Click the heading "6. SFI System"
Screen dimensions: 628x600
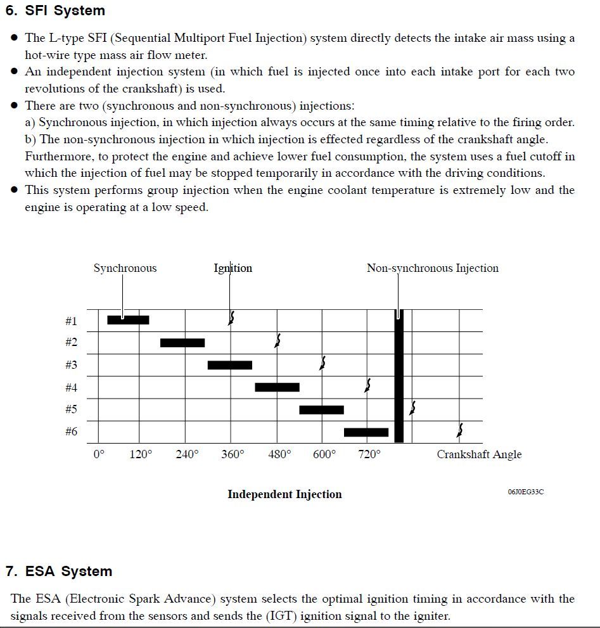pos(55,11)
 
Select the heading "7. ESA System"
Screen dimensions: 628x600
pos(59,571)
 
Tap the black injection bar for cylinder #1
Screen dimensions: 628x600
pos(128,320)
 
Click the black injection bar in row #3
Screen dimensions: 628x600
pos(229,365)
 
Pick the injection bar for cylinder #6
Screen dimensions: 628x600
pos(366,432)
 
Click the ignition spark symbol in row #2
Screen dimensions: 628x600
pos(277,341)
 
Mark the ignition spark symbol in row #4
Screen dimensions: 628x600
pos(367,385)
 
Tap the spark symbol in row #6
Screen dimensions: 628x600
pos(459,431)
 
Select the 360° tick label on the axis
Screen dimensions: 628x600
pos(233,454)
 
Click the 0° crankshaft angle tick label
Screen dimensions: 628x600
pos(98,454)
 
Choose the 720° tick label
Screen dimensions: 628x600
pos(369,454)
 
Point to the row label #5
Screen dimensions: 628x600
pos(71,409)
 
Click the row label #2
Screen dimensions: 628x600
pos(71,342)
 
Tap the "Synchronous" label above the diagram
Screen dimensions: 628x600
pos(125,268)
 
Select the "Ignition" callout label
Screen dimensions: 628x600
pos(233,268)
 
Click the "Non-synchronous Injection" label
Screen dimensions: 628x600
pos(432,268)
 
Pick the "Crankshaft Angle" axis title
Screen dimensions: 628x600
pos(479,454)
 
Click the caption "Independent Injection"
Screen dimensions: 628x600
pos(284,494)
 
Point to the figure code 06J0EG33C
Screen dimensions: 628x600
pos(525,492)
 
